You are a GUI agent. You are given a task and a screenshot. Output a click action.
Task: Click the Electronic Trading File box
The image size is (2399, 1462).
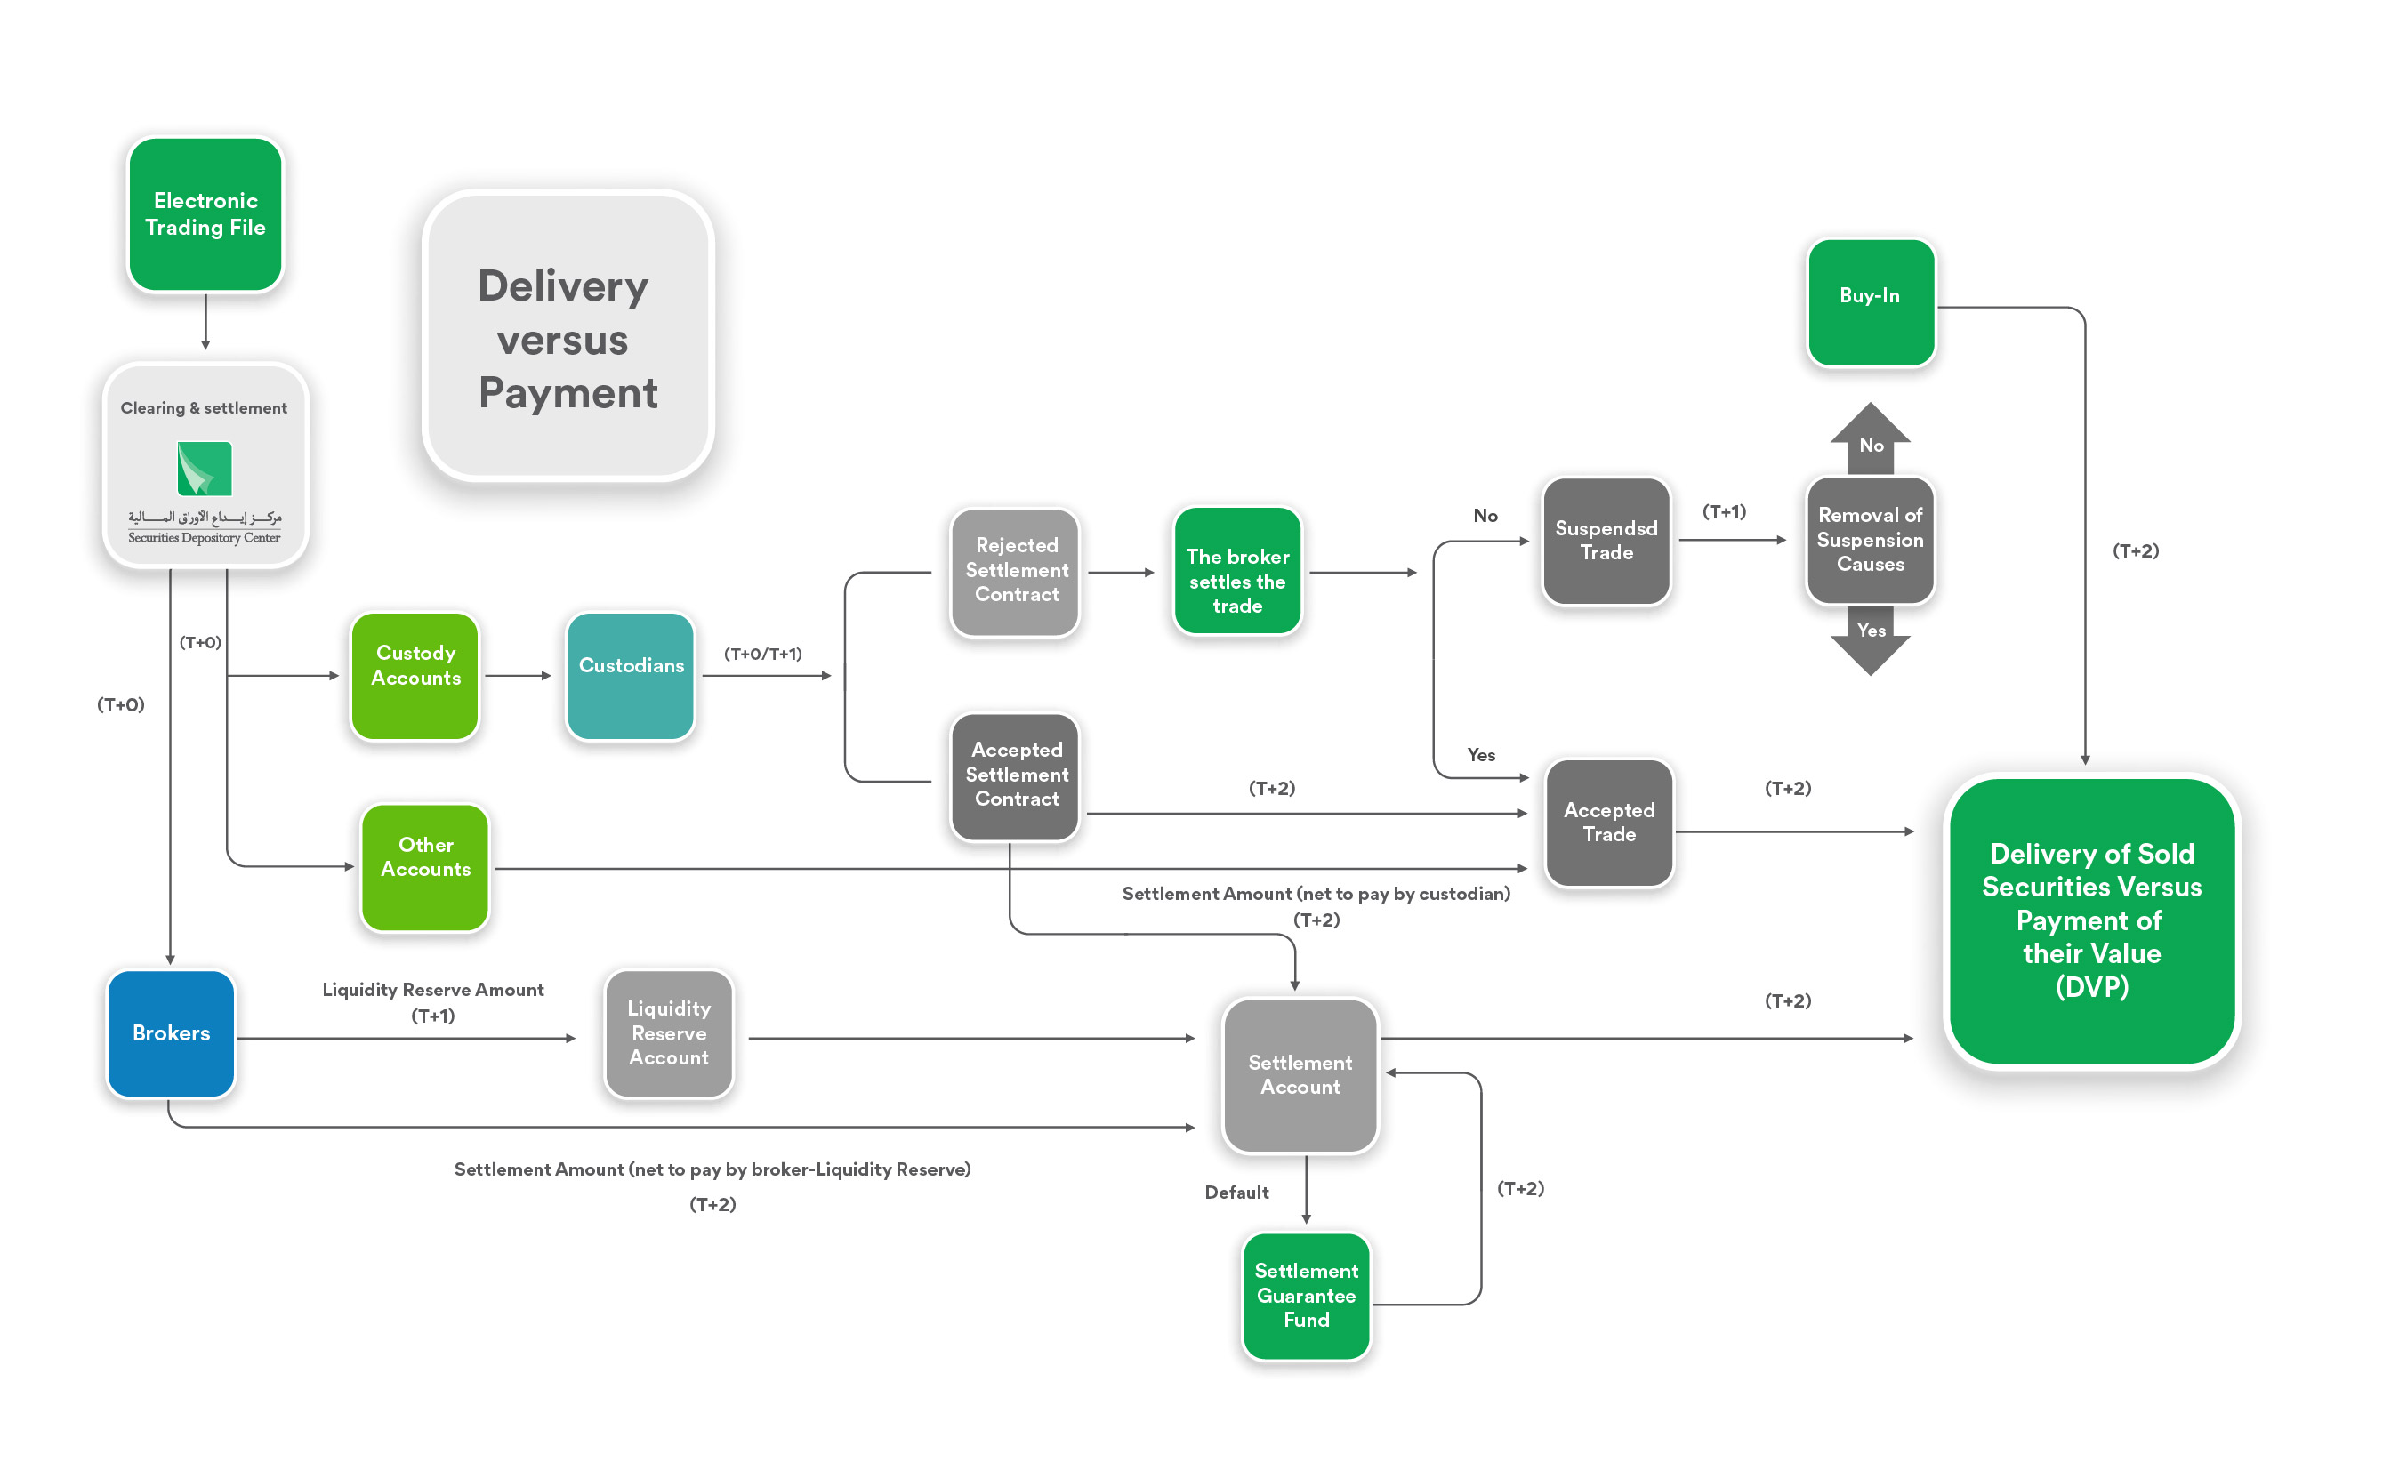click(205, 214)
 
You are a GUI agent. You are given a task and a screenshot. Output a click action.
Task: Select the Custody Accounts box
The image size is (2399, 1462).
click(415, 676)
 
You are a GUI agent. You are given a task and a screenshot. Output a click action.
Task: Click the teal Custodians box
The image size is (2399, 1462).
click(631, 676)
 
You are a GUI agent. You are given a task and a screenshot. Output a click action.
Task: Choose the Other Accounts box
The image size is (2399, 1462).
click(425, 866)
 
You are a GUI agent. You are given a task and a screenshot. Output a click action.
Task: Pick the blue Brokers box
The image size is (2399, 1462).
click(172, 1032)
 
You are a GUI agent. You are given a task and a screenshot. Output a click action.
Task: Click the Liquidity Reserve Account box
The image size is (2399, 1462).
click(669, 1032)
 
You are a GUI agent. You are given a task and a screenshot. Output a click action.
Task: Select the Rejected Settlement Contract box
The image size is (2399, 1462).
click(1016, 571)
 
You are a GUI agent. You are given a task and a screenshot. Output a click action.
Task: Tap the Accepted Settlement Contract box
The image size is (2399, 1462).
click(1016, 775)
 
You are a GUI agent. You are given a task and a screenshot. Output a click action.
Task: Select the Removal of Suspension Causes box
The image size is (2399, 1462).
click(1871, 540)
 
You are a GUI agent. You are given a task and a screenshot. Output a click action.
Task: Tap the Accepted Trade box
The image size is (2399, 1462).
click(1609, 823)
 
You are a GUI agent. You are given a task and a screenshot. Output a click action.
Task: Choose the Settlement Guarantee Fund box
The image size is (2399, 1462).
click(1306, 1296)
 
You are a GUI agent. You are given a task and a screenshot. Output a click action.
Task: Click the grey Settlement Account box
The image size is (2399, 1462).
click(1300, 1074)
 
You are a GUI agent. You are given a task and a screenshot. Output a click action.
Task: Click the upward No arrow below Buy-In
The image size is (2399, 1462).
click(1871, 439)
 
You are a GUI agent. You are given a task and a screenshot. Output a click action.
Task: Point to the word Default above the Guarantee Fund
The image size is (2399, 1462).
click(1236, 1193)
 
